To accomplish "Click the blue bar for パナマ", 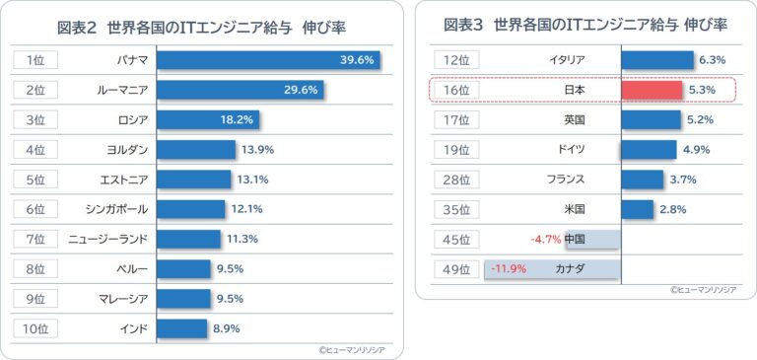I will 268,60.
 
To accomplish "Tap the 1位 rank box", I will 35,60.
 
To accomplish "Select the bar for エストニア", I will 193,180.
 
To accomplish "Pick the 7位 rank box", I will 35,239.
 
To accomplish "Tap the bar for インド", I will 181,328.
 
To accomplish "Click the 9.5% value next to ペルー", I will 231,268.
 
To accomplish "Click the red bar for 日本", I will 652,90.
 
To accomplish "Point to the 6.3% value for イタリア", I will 712,60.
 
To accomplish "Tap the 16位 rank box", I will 457,90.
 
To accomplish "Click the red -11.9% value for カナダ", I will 508,269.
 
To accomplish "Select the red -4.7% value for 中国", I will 545,240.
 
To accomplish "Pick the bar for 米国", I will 638,209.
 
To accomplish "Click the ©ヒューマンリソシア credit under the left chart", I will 352,348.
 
